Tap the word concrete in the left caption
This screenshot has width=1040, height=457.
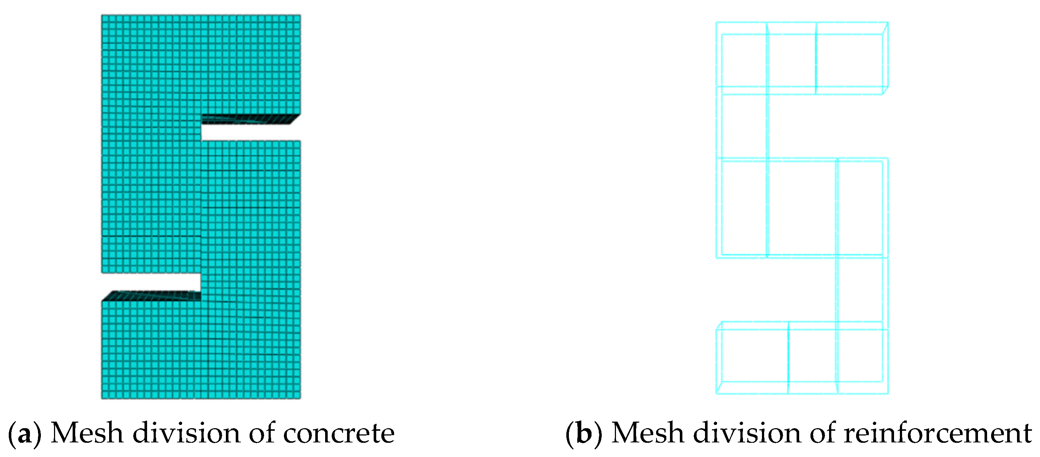(339, 434)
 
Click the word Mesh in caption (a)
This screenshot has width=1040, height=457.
(87, 433)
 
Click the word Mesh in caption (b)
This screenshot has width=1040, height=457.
(648, 433)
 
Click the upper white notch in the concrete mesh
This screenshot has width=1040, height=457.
(250, 132)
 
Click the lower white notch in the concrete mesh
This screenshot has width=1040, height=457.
(151, 282)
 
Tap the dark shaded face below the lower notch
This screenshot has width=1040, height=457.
(151, 296)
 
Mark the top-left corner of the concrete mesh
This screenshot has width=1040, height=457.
(102, 15)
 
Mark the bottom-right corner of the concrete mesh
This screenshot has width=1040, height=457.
(300, 399)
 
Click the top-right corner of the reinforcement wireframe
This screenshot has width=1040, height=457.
(888, 23)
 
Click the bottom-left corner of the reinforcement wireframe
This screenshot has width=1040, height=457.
(717, 393)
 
